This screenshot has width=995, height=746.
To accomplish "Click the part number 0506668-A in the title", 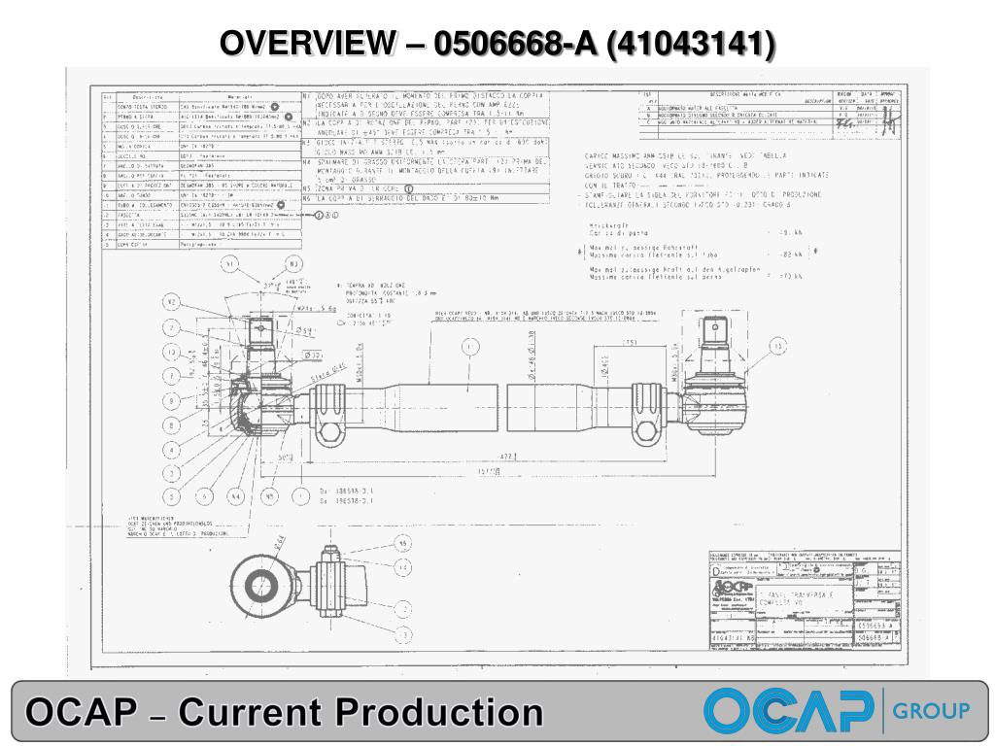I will (514, 44).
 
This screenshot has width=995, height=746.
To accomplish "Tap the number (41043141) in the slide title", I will (691, 44).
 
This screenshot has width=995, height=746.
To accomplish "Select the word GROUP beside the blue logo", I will (931, 710).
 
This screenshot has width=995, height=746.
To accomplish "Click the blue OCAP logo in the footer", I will (788, 710).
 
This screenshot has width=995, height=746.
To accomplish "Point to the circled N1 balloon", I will (230, 263).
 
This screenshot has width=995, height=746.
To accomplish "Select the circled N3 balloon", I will (294, 263).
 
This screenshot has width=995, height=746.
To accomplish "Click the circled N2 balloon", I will (171, 302).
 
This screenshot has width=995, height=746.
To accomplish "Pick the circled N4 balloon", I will (236, 495).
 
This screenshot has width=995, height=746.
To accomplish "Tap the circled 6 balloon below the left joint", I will (205, 495).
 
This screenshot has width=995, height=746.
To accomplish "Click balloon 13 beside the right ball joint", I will (777, 346).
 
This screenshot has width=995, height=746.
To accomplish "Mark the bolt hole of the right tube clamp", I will (650, 428).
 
